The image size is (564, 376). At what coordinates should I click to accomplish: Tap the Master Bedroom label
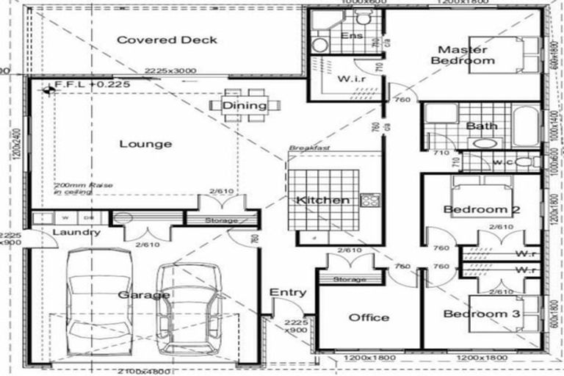(463, 55)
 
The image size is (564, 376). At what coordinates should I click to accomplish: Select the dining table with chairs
(245, 105)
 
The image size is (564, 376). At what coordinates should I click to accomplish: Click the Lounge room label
(145, 144)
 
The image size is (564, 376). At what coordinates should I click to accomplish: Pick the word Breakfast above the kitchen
(308, 148)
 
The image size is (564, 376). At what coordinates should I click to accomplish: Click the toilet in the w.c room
(524, 161)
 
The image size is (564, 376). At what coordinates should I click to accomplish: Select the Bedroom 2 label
(482, 211)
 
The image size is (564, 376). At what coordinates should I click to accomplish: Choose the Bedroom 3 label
(482, 314)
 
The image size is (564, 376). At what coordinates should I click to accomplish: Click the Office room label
(369, 317)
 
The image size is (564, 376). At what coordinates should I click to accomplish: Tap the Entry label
(288, 292)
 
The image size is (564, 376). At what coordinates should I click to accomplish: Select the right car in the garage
(189, 307)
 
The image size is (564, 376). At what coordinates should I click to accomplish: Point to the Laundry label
(76, 232)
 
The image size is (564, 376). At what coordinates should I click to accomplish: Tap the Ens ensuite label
(349, 35)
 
